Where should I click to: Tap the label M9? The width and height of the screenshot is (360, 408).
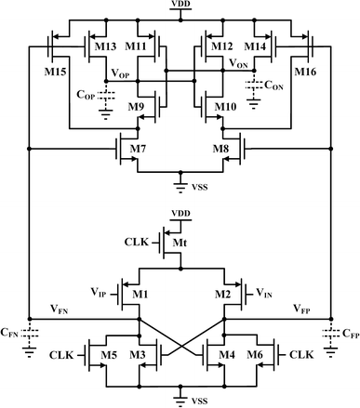138,108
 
